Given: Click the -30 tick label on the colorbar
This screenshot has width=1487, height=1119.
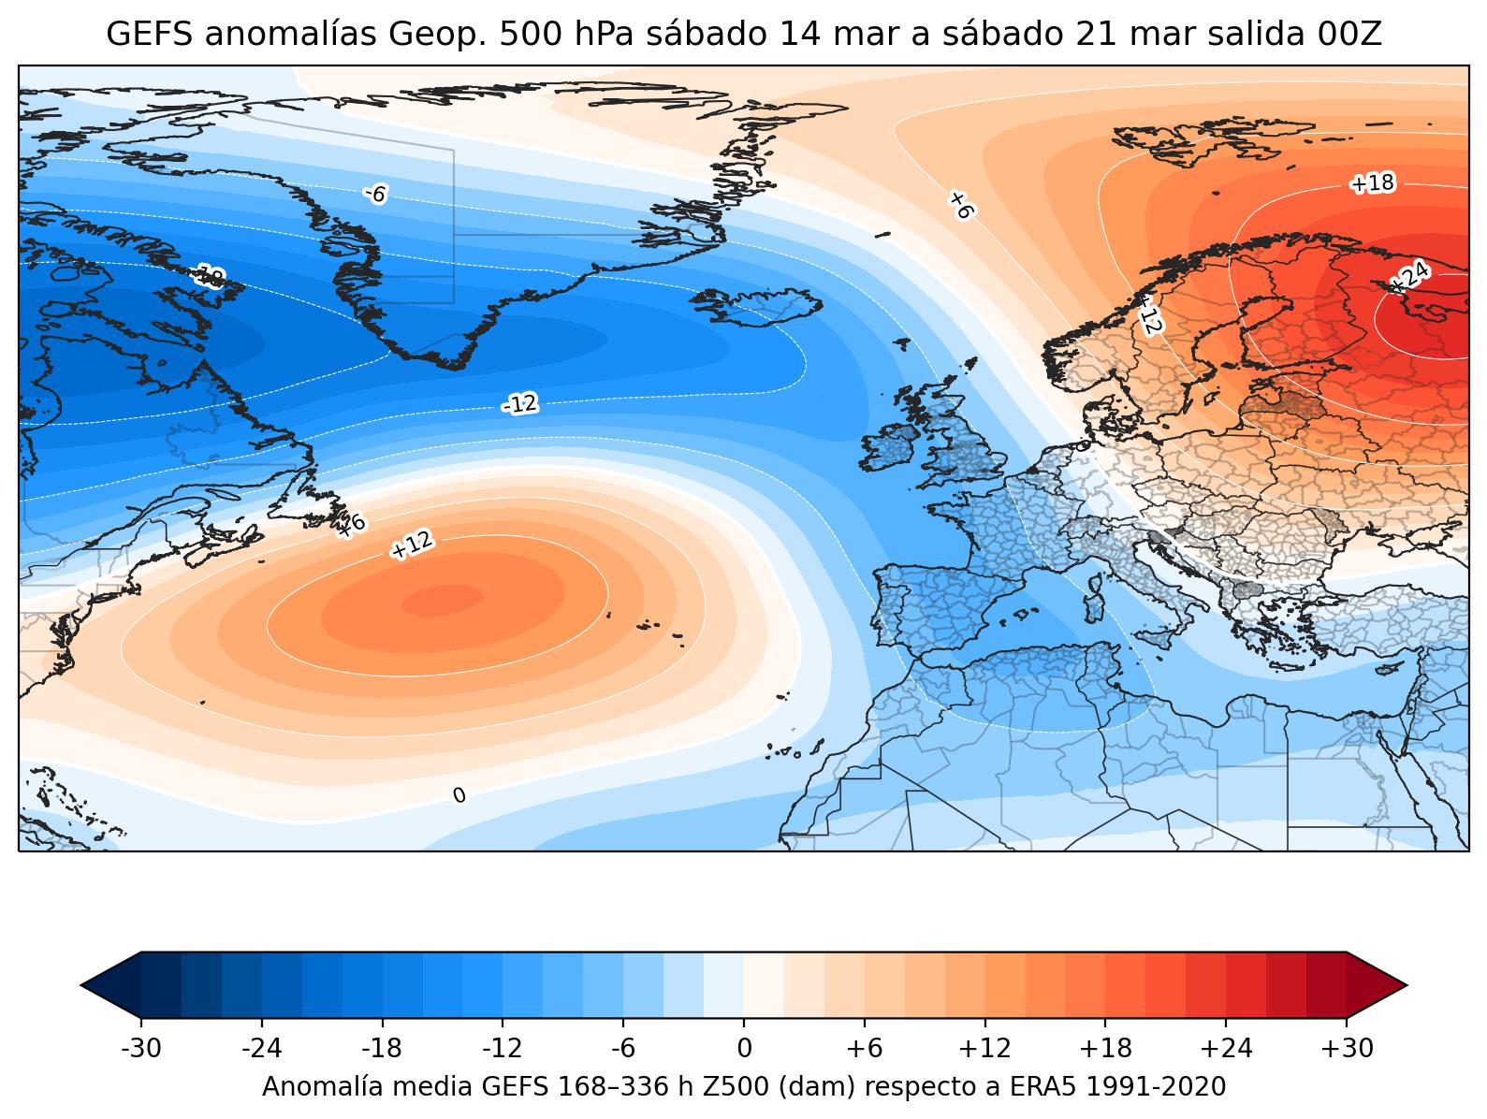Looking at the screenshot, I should (x=141, y=1048).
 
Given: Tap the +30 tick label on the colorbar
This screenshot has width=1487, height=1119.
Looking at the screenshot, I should (x=1347, y=1048).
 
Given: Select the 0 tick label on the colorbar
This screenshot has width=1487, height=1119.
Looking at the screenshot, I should (x=744, y=1048).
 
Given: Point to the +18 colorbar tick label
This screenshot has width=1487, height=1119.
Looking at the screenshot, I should (x=1106, y=1048).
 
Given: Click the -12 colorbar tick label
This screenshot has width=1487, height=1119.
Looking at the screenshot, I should (x=503, y=1048).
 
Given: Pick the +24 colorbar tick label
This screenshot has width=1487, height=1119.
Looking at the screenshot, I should (x=1226, y=1048).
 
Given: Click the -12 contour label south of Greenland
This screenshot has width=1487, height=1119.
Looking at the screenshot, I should (x=520, y=404).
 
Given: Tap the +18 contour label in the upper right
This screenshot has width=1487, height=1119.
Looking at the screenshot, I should (x=1372, y=183).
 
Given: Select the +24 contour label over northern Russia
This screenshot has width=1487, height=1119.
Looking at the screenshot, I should (x=1409, y=277).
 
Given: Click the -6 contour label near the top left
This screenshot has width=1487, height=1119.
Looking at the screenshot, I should (x=375, y=194).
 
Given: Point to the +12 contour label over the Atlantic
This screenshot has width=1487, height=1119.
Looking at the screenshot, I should (x=412, y=545).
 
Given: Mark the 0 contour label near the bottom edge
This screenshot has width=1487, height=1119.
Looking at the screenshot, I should (x=459, y=795).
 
